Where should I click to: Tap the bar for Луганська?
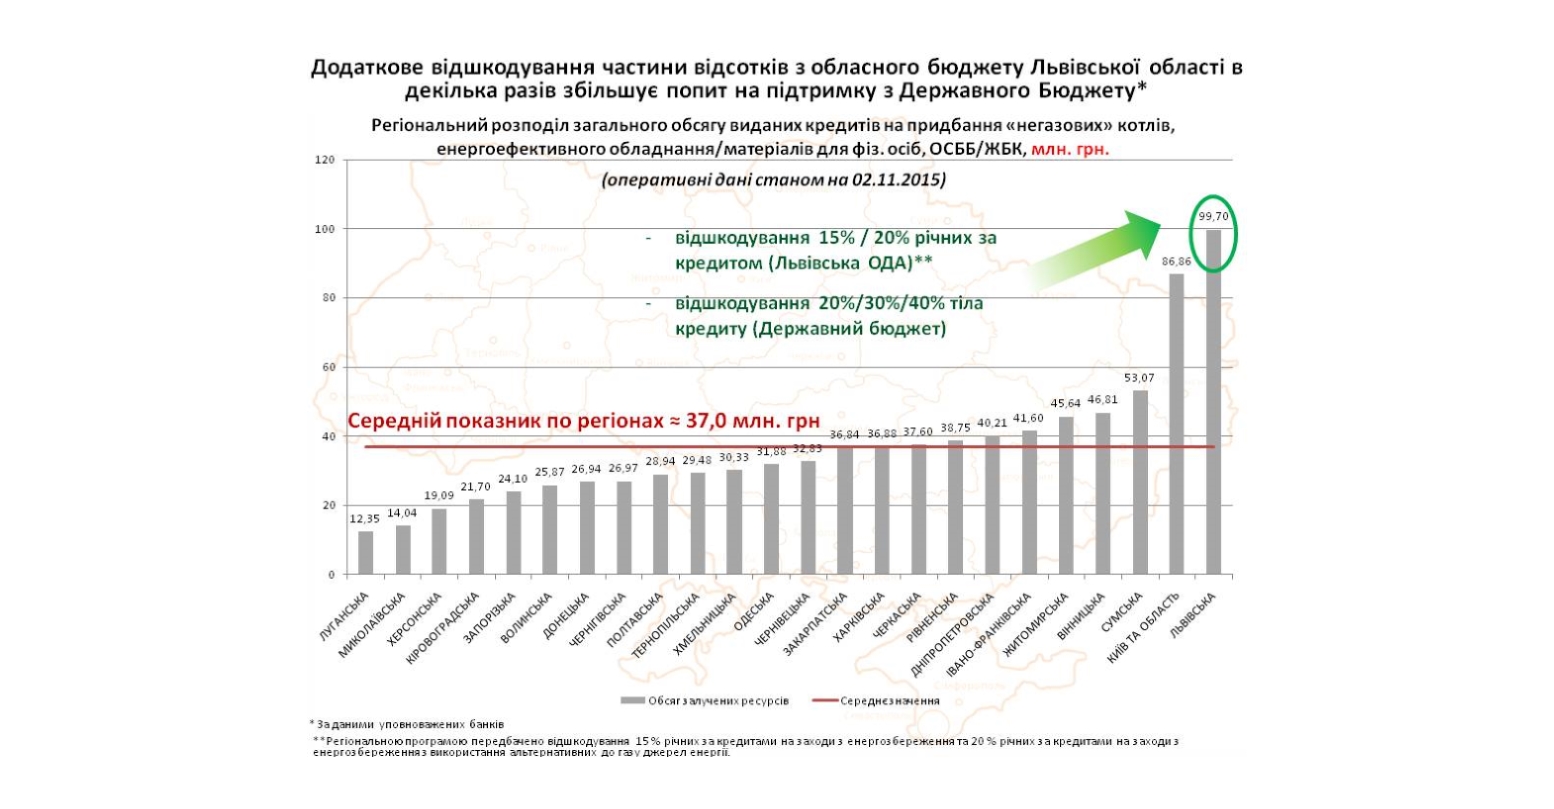click(366, 553)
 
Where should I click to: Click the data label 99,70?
click(1213, 216)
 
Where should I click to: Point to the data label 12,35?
click(364, 518)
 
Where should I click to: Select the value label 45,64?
click(1067, 403)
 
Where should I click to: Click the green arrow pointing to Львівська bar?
click(1100, 250)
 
